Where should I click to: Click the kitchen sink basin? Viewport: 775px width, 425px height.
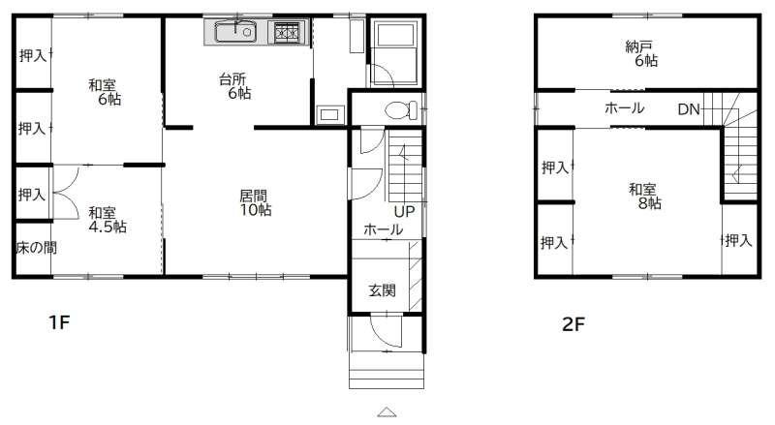[x=235, y=32]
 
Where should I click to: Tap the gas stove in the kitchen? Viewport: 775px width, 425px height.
[x=288, y=33]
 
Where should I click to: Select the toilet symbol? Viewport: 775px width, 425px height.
[x=400, y=110]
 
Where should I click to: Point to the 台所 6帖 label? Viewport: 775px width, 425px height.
[x=234, y=85]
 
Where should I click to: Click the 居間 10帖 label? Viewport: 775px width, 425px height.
[x=255, y=202]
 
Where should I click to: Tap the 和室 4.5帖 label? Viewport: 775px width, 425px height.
[x=108, y=220]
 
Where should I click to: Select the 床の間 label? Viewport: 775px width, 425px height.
[x=36, y=248]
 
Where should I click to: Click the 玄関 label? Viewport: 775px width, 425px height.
[x=382, y=290]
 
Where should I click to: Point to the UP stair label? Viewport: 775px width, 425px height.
[x=404, y=211]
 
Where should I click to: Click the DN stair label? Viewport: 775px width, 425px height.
[x=689, y=109]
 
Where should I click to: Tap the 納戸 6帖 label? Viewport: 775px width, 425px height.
[x=641, y=54]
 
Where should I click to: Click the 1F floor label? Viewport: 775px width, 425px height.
[x=59, y=322]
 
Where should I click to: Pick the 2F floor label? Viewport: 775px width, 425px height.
[x=573, y=324]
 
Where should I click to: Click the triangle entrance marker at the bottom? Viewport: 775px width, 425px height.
[x=387, y=411]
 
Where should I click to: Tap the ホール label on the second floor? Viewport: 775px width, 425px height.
[x=624, y=107]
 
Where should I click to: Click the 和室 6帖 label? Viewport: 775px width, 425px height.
[x=105, y=92]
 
